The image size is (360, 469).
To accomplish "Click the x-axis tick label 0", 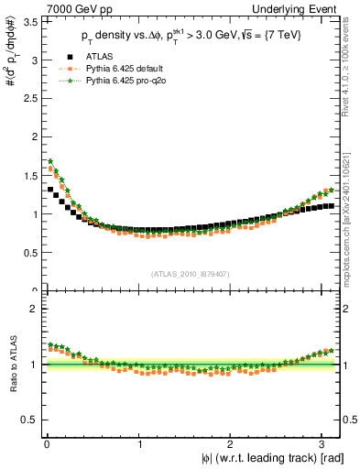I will pyautogui.click(x=46, y=444).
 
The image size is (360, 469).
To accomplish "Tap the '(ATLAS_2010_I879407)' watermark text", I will pyautogui.click(x=191, y=273).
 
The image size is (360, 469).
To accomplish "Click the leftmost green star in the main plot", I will pyautogui.click(x=50, y=161).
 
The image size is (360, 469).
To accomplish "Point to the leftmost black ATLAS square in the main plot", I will pyautogui.click(x=50, y=190).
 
